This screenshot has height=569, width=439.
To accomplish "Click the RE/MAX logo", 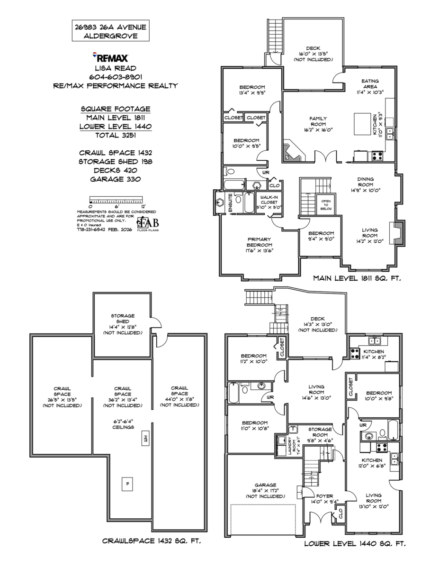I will click(112, 58).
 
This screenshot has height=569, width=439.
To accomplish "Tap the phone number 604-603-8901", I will click(116, 77).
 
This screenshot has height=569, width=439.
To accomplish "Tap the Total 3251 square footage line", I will click(116, 135).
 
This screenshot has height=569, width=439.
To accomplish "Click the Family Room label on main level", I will click(318, 121).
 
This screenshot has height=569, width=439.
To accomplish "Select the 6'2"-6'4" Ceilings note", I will click(123, 424).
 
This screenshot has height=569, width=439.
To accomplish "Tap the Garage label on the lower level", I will click(265, 490).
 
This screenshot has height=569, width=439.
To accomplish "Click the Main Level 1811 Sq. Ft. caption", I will click(357, 279).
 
